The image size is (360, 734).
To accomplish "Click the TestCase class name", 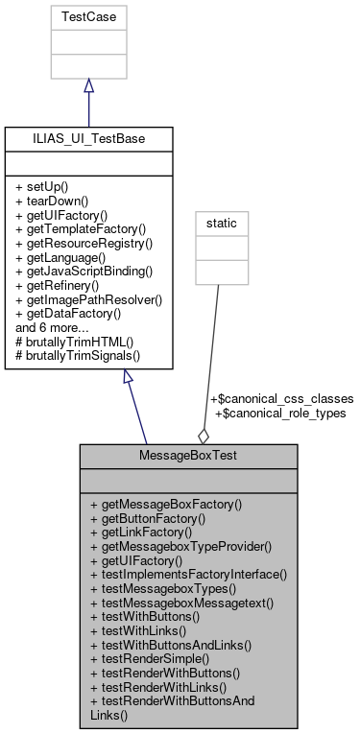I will tap(88, 16).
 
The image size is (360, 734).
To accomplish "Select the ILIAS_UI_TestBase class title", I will tap(88, 138).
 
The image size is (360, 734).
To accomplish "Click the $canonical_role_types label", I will tap(280, 413).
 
